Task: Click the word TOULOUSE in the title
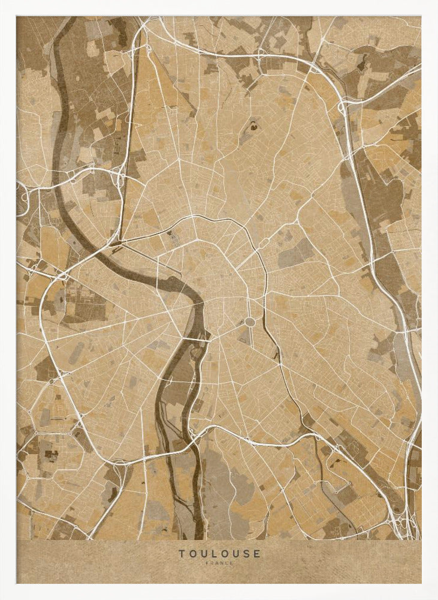219,553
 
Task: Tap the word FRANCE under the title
219,563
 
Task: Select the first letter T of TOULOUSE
180,553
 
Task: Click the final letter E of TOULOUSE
257,553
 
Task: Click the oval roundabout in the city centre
249,322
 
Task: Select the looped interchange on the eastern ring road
343,109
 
